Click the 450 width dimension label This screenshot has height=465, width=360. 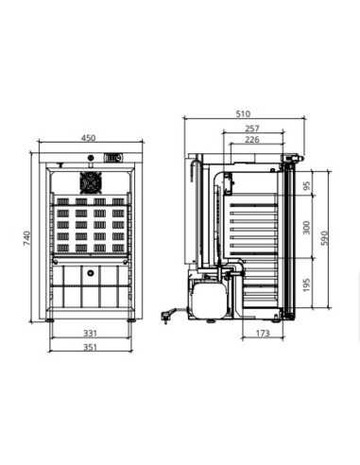88,138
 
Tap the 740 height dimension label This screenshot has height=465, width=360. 27,238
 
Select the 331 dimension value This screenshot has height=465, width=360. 90,333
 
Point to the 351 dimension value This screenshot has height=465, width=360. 90,347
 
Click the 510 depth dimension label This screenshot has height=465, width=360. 243,113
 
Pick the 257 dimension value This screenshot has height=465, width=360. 252,129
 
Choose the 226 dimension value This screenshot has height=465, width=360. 252,139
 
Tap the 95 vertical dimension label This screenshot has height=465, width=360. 306,185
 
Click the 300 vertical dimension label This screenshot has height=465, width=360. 306,228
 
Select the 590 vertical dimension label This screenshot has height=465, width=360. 325,238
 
